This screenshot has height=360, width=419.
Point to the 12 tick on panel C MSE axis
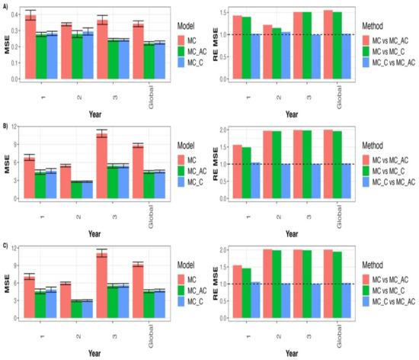coord(14,249)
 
